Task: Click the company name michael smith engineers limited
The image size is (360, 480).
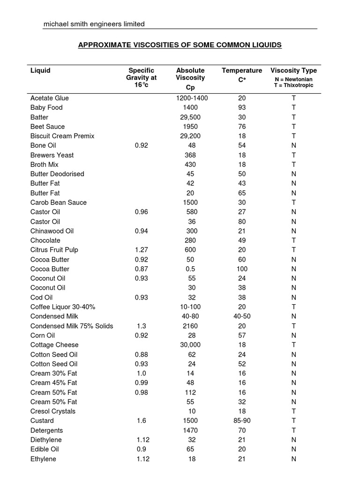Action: click(x=94, y=24)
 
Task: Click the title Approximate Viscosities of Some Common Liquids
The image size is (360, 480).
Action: click(x=180, y=45)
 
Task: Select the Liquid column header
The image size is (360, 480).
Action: click(x=40, y=70)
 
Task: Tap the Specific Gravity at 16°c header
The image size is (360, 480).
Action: click(x=141, y=77)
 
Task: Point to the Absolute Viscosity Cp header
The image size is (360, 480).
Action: click(x=190, y=78)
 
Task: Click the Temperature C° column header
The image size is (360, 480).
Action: click(x=242, y=74)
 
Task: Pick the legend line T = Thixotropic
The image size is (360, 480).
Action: click(x=294, y=85)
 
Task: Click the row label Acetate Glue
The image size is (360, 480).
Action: click(x=50, y=98)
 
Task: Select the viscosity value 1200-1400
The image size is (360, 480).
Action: click(x=192, y=98)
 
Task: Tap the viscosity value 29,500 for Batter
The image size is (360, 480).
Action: click(x=190, y=117)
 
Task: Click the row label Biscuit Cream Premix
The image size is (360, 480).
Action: click(x=62, y=136)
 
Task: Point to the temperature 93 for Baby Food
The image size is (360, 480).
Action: click(x=242, y=107)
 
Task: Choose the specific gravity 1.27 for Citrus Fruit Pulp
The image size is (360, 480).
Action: click(x=141, y=250)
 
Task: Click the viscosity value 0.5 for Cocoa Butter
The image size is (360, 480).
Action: click(x=190, y=269)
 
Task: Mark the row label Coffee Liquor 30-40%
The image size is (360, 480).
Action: click(x=63, y=307)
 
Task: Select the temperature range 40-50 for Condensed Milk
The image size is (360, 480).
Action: click(x=242, y=316)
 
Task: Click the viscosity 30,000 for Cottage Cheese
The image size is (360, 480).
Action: click(x=190, y=345)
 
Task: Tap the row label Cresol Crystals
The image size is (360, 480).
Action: click(x=53, y=411)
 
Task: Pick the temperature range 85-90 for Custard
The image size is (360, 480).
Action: click(x=242, y=420)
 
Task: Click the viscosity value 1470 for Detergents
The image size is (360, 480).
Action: click(x=190, y=430)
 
